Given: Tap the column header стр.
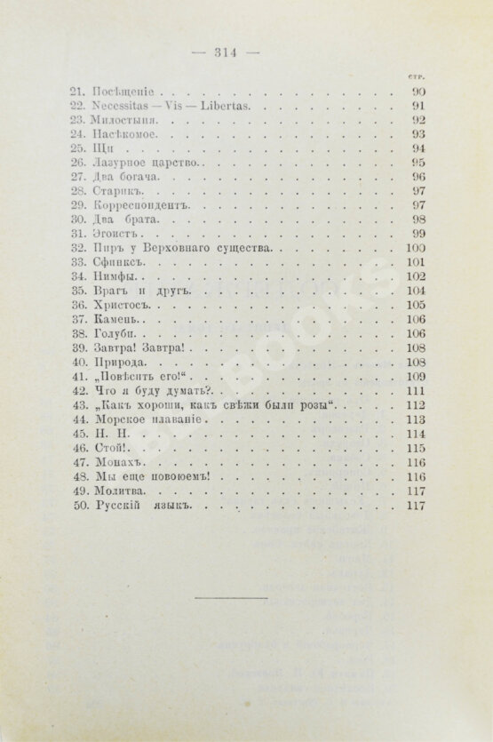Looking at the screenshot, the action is click(x=414, y=76).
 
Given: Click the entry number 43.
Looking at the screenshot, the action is click(x=78, y=405).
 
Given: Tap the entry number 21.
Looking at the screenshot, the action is click(x=78, y=91).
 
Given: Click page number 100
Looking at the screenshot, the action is click(x=413, y=248).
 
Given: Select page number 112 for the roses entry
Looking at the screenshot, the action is click(x=413, y=405).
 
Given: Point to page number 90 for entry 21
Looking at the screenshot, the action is click(x=417, y=91).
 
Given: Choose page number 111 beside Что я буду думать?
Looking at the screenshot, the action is click(x=413, y=391).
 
